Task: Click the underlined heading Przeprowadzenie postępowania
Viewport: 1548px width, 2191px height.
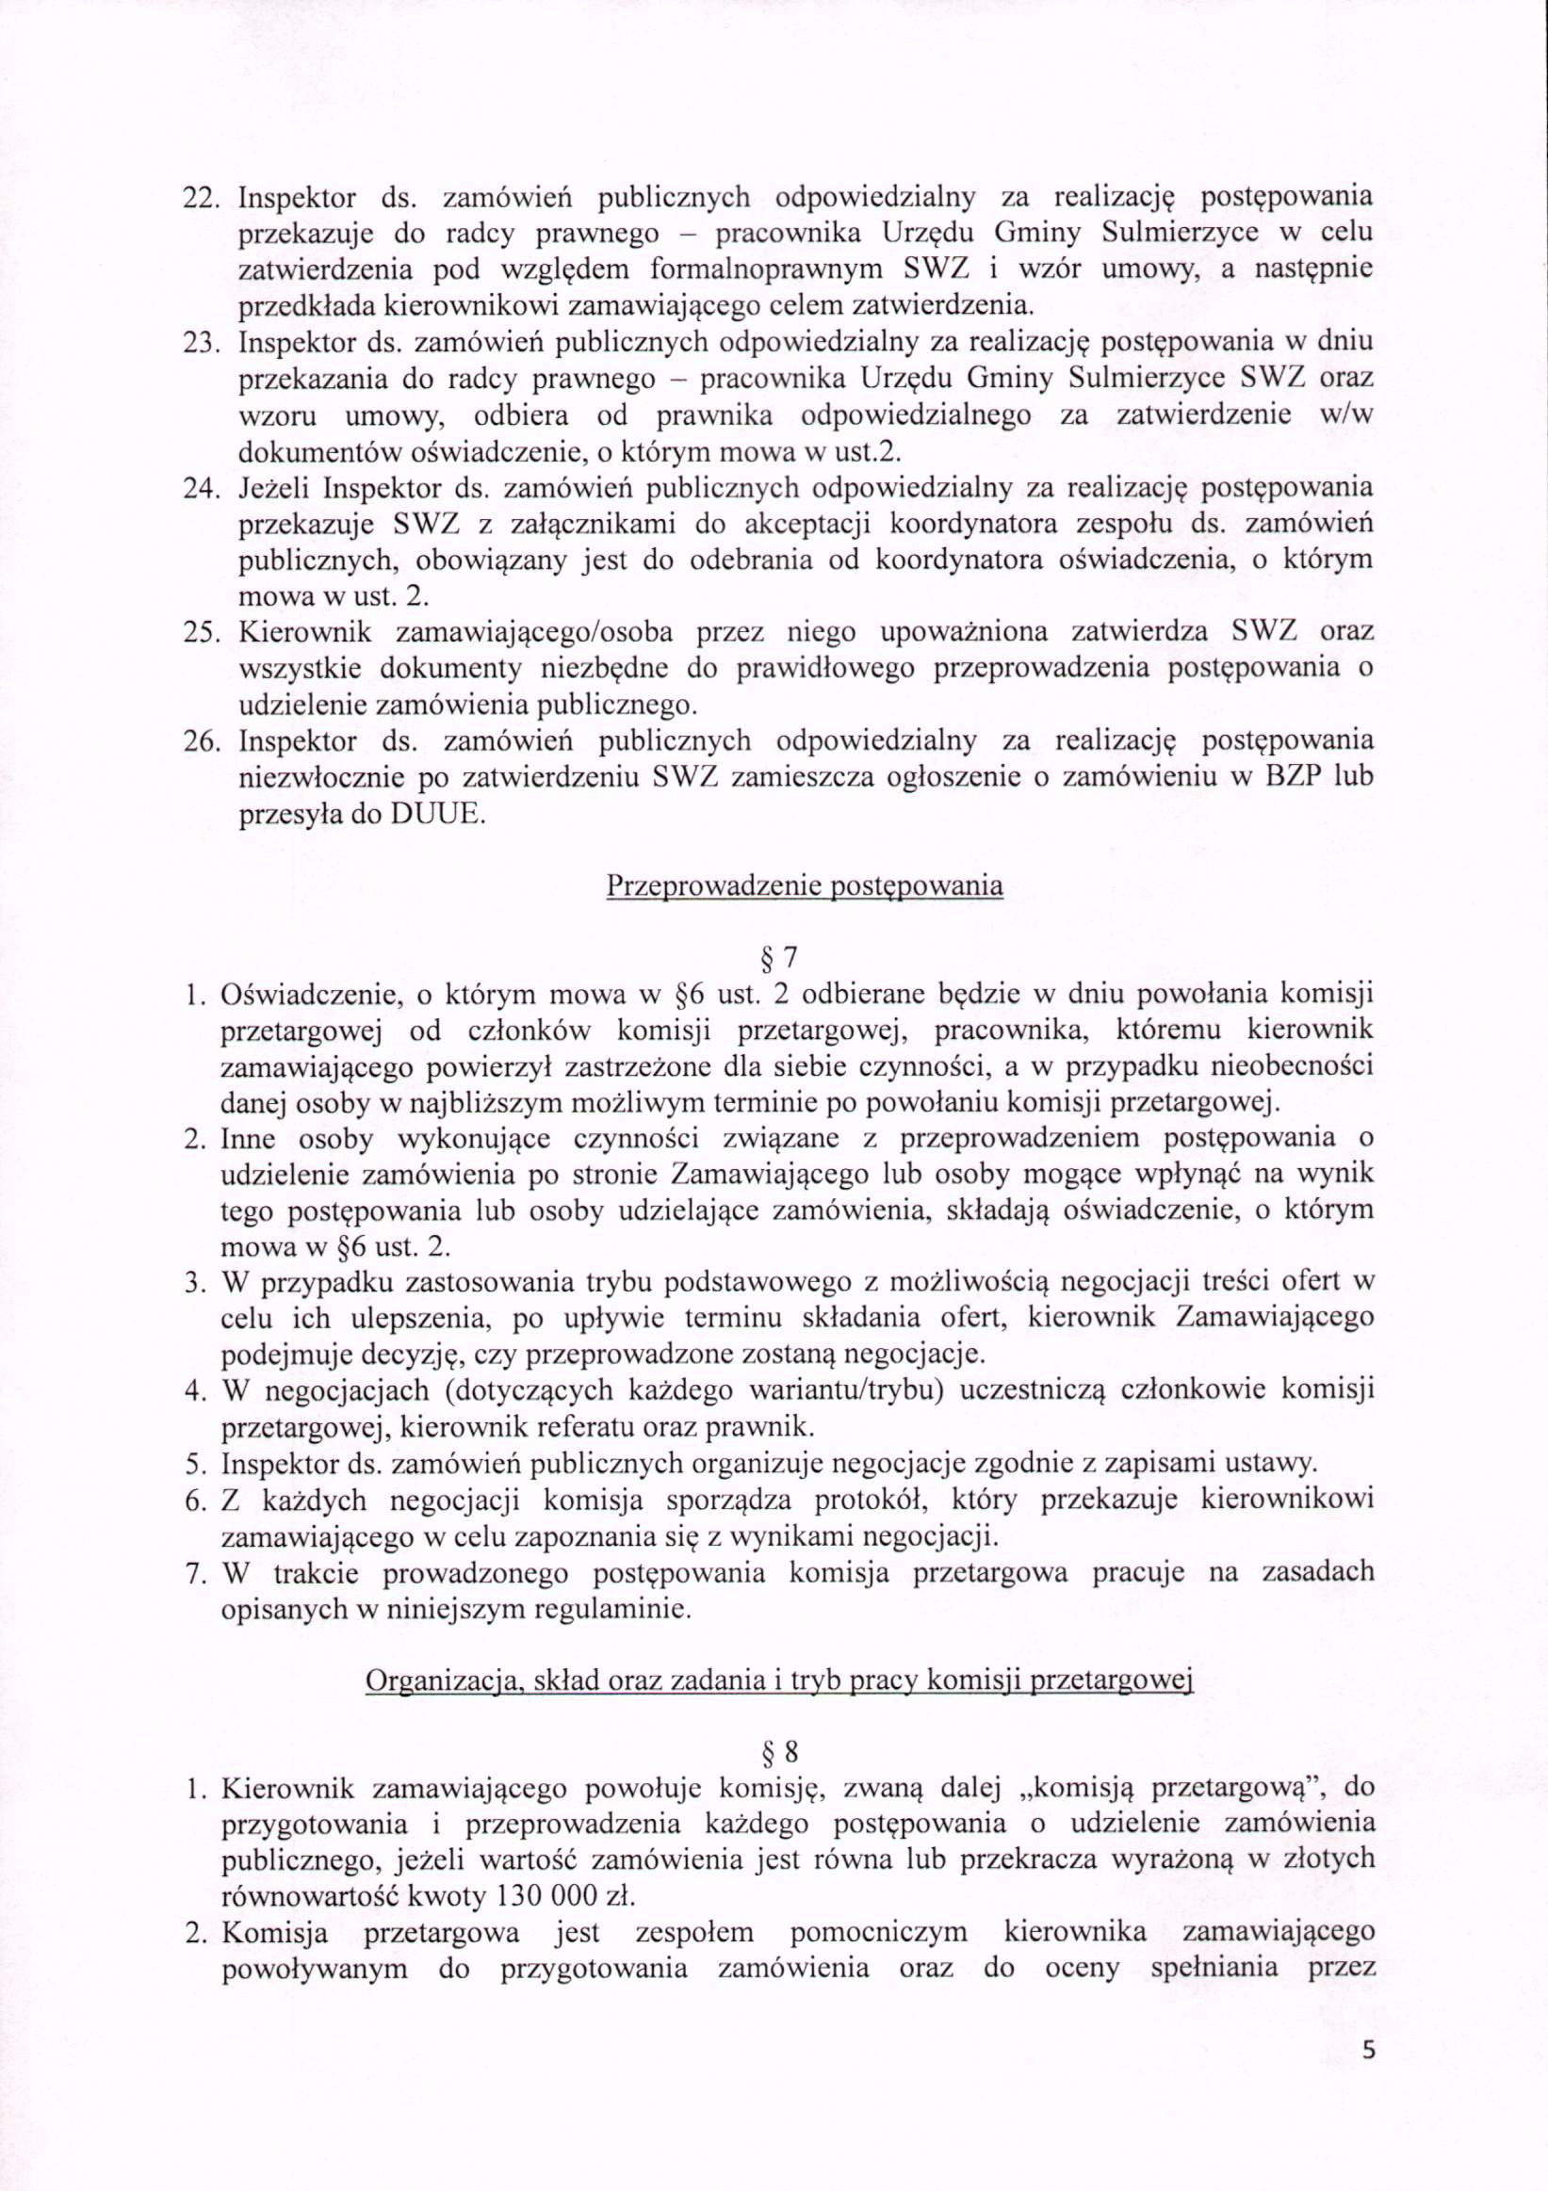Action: [x=805, y=885]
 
